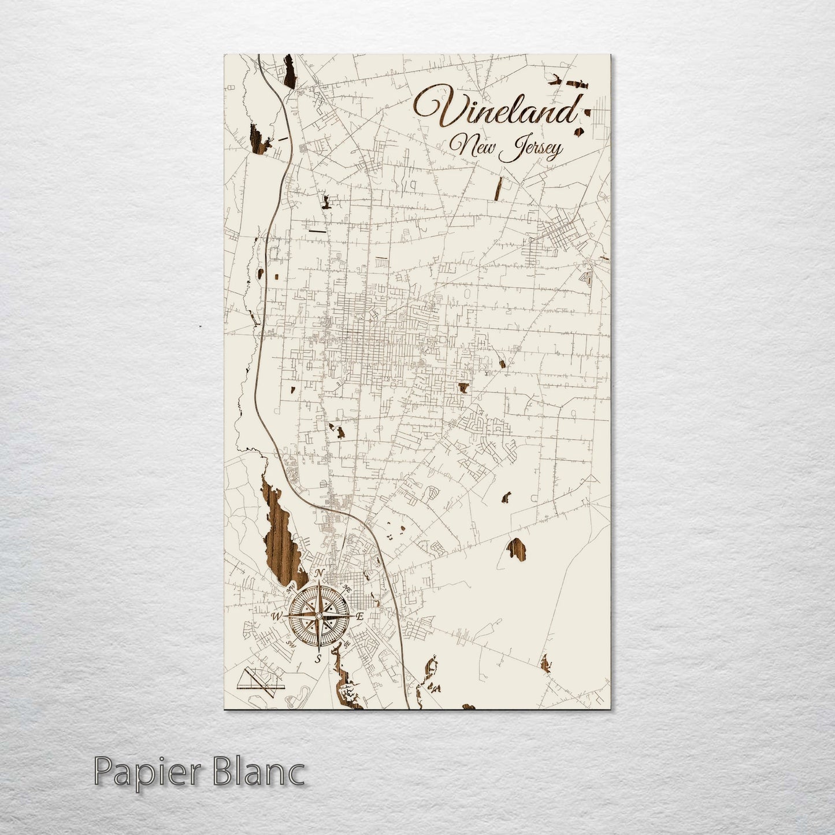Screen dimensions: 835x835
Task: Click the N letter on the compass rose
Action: (320, 573)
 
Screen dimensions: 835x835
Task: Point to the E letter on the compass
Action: (359, 617)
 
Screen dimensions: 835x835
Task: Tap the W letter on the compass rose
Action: (276, 617)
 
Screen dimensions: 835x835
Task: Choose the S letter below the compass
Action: (318, 658)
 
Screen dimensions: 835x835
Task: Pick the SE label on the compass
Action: (346, 646)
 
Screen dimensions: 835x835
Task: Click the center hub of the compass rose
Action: (318, 615)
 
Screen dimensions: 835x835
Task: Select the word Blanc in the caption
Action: (255, 772)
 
